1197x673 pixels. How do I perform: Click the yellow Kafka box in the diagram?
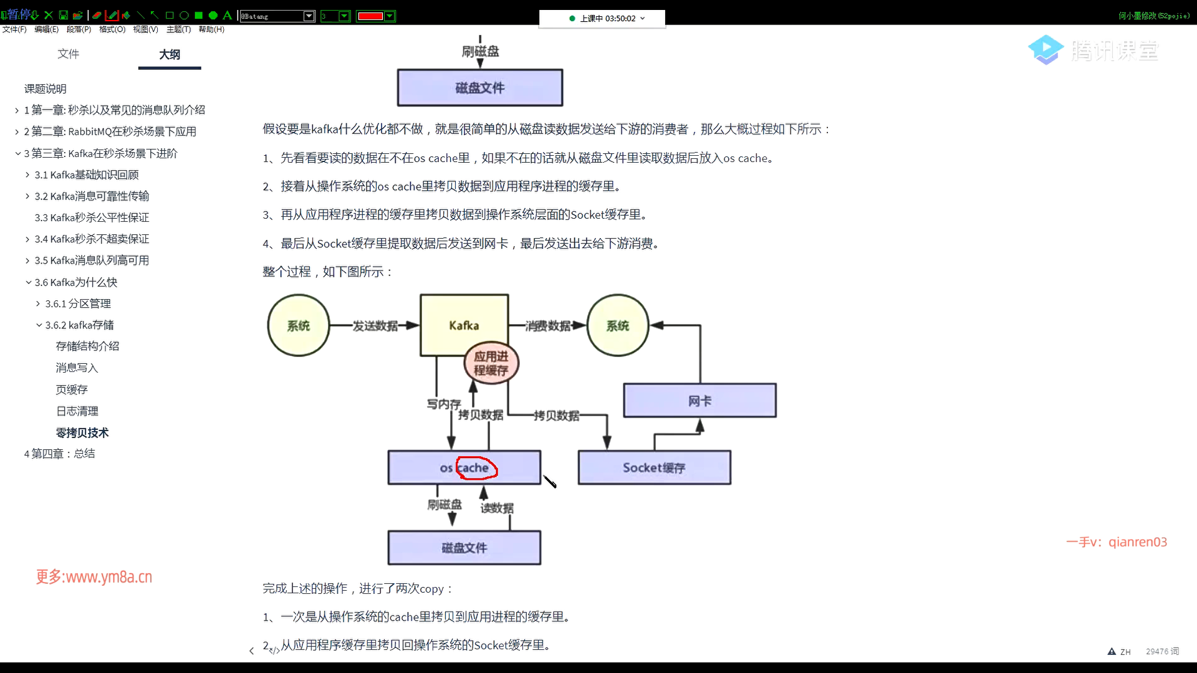[464, 325]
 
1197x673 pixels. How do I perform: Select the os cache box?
[464, 467]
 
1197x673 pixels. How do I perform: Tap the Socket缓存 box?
[655, 467]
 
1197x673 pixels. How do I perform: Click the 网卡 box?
[700, 400]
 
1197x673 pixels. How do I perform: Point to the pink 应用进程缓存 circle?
[491, 363]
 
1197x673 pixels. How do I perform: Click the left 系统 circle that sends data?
[299, 325]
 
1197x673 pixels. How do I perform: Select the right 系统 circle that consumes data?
[618, 325]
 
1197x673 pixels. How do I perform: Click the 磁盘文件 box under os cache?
[464, 548]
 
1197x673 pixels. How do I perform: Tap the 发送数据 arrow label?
[375, 326]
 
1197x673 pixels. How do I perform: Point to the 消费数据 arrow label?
[548, 326]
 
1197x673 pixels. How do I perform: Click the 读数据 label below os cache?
[497, 508]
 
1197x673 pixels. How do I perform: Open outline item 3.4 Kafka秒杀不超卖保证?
[92, 239]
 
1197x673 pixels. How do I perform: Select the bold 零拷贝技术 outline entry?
[82, 432]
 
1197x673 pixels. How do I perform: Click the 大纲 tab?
[170, 54]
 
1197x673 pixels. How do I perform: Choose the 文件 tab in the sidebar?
[69, 54]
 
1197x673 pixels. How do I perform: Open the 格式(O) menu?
[112, 29]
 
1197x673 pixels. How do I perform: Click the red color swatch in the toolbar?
[370, 16]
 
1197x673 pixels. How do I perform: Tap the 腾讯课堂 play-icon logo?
[1046, 50]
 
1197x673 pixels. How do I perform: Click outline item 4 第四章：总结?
[60, 454]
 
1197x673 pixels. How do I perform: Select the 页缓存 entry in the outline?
[72, 389]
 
